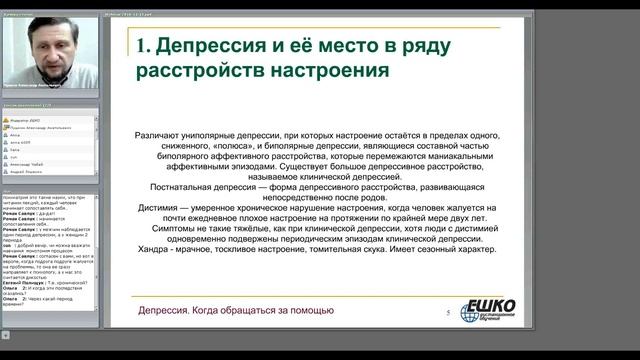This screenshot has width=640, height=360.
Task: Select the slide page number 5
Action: pyautogui.click(x=446, y=313)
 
